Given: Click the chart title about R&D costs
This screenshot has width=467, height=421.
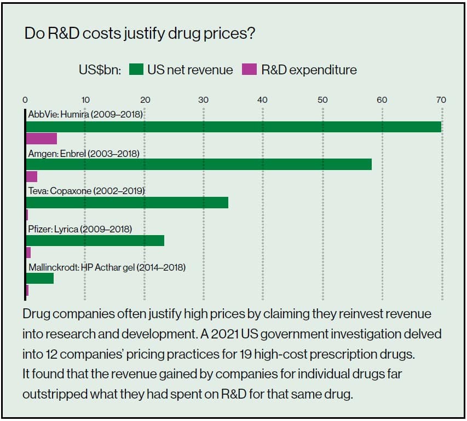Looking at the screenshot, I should [x=140, y=34].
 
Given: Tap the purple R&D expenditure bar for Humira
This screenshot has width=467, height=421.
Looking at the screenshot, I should [x=42, y=138].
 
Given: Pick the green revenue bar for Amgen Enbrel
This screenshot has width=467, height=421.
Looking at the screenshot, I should [x=199, y=164].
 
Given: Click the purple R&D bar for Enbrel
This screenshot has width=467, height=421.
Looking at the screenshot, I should [x=32, y=176].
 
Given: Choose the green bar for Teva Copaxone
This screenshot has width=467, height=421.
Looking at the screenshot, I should [x=127, y=202].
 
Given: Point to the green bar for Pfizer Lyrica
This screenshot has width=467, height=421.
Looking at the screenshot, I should [x=95, y=241].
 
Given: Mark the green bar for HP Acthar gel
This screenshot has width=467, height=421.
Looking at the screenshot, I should [x=40, y=278].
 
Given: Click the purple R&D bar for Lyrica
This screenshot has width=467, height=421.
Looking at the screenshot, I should [x=28, y=253].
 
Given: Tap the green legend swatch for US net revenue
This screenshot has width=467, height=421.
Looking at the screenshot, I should [x=136, y=69].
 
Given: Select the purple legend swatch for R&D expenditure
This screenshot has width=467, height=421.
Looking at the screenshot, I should [x=249, y=69].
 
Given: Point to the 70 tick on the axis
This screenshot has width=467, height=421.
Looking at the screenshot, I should [x=441, y=100].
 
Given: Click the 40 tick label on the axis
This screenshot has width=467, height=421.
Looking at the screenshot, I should [x=262, y=100].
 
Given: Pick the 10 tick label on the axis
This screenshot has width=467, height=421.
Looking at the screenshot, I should [x=85, y=100].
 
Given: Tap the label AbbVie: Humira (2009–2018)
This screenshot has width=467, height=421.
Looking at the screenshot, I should [x=85, y=115].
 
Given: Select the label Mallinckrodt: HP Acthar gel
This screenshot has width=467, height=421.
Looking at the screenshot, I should [x=107, y=267].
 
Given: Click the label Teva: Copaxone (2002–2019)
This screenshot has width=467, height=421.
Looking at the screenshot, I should [x=86, y=191].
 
